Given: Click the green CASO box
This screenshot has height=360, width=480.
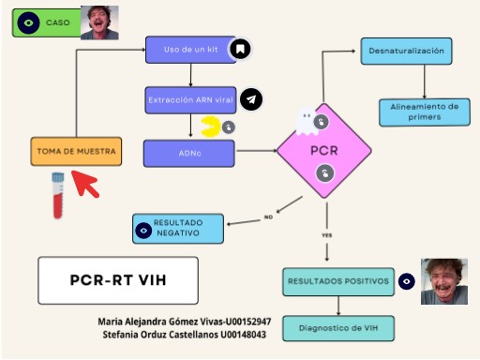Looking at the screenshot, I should coord(47,22).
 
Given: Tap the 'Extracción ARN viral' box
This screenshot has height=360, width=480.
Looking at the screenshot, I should coord(190,99).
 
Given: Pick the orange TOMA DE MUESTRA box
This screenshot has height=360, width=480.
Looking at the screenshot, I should coord(76,150).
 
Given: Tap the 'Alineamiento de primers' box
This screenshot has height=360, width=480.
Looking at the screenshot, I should coord(424,112).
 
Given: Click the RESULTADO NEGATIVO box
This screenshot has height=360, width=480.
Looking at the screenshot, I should coord(178,229).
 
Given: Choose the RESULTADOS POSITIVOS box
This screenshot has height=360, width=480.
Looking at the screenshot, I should coord(337,281).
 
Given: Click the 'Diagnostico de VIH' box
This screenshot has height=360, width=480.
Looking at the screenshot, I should coord(352,328).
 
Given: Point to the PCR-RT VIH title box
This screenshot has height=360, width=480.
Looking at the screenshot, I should coord(118,278).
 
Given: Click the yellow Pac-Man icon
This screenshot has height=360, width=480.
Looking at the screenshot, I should coord(212,125).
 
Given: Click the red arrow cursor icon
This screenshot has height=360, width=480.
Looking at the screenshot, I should coord(86,184).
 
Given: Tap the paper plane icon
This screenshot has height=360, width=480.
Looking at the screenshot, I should coord(250,99).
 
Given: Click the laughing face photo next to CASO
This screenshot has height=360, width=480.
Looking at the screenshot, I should coord(98,22).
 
